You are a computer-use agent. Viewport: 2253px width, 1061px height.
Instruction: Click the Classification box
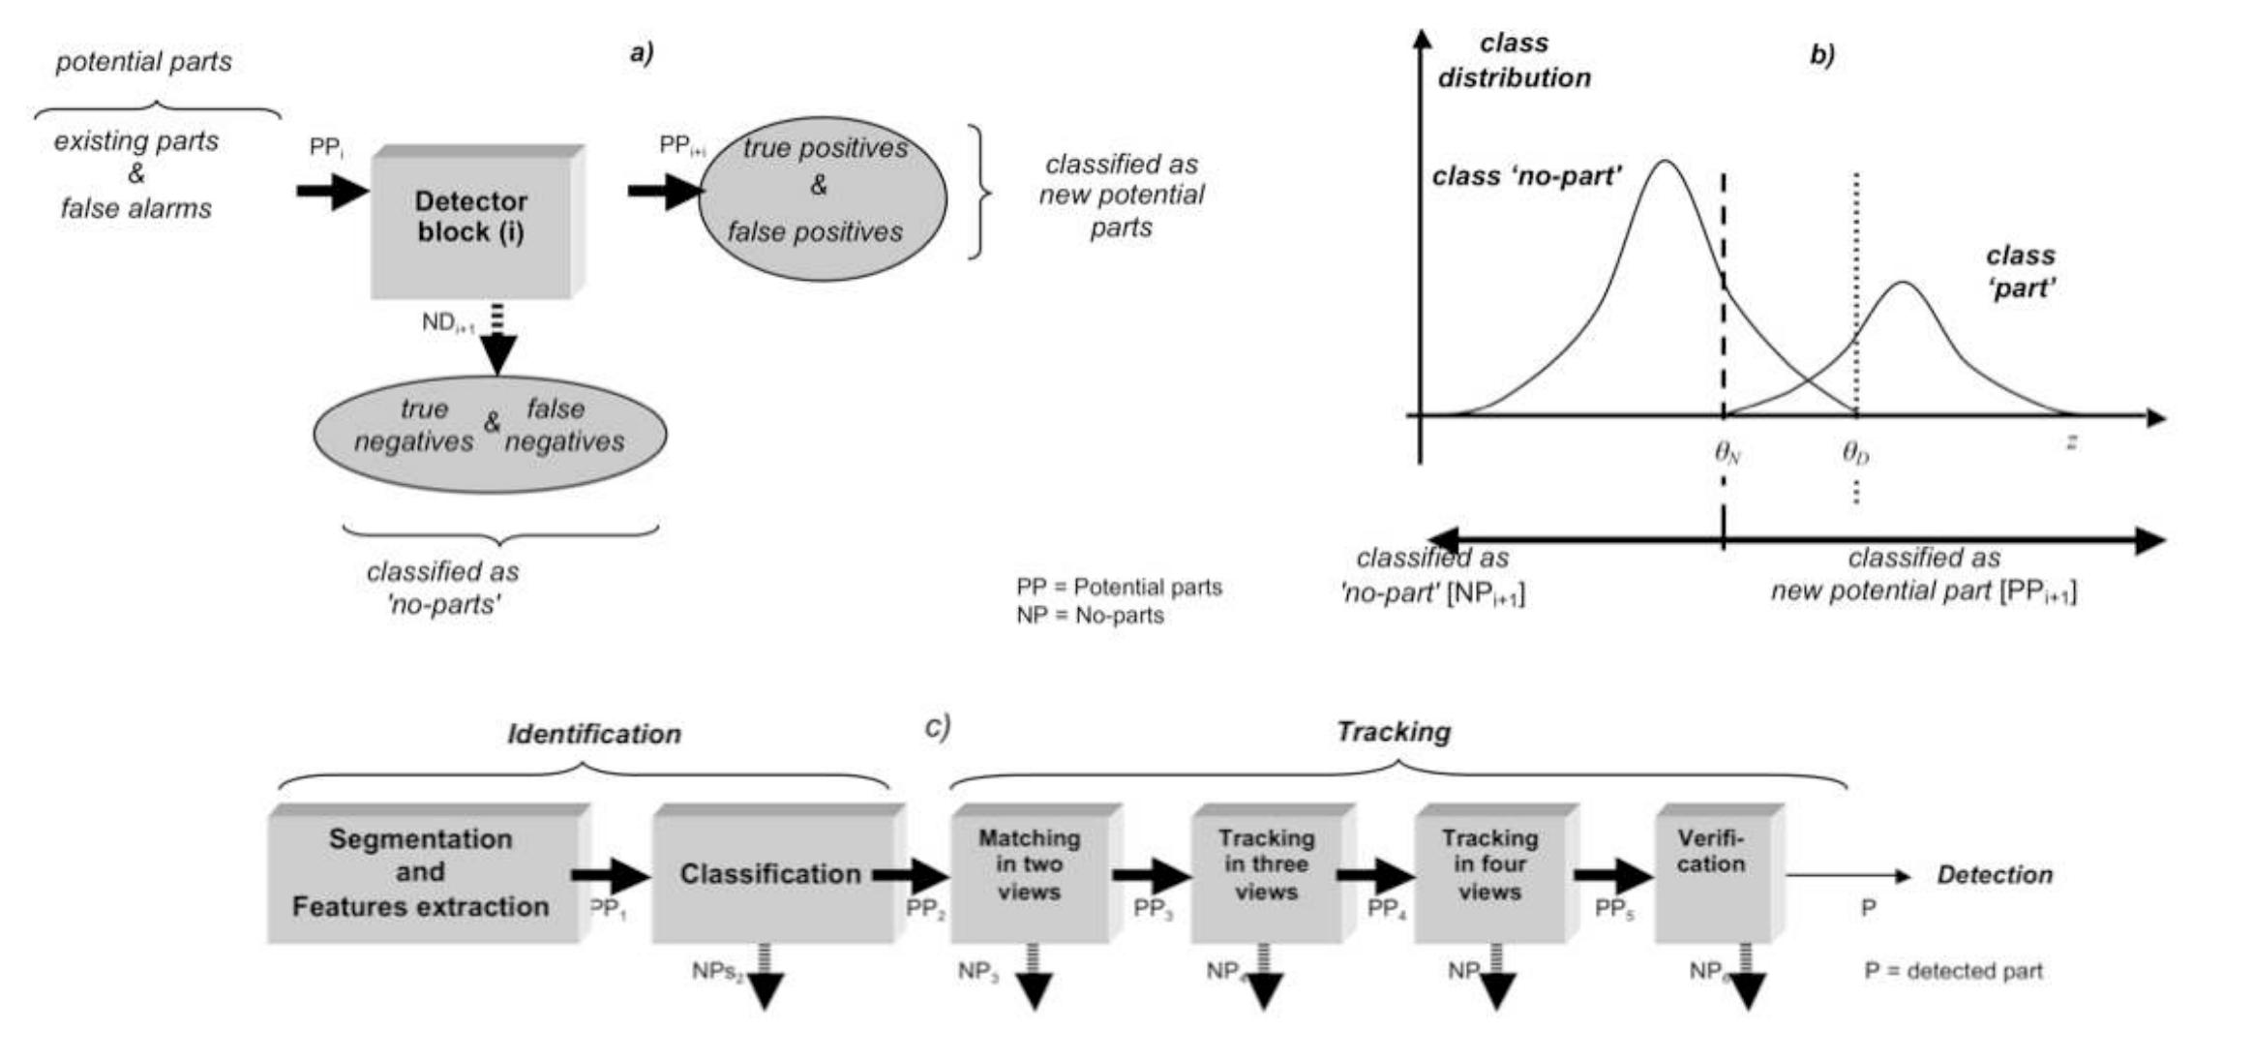[x=770, y=873]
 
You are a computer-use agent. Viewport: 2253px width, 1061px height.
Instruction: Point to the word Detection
[x=1994, y=875]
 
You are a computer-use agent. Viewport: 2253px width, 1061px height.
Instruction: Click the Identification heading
[x=594, y=734]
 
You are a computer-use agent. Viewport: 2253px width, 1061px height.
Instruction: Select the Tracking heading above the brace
[x=1393, y=732]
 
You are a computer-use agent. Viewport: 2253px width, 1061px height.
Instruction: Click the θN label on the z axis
[x=1727, y=452]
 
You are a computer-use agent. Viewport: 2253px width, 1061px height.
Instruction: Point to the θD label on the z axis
[x=1855, y=452]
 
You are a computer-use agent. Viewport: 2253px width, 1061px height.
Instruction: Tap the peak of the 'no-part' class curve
[x=1665, y=162]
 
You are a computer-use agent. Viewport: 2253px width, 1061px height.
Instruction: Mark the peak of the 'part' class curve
[x=1903, y=283]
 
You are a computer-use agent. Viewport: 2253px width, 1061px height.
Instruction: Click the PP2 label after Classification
[x=925, y=909]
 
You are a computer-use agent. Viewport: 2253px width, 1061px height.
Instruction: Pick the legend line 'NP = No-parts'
[x=1090, y=616]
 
